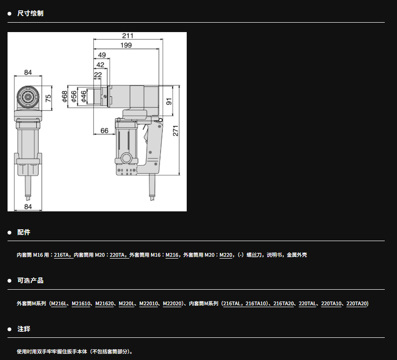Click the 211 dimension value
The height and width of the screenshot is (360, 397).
[128, 36]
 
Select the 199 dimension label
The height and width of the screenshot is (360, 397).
[126, 45]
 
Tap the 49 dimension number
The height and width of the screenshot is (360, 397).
[102, 55]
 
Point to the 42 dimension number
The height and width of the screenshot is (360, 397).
[100, 65]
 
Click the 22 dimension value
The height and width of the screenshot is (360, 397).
[98, 75]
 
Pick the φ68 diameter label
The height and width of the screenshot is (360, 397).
[65, 96]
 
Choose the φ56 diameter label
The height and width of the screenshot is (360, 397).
[74, 96]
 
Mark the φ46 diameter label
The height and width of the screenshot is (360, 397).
[83, 96]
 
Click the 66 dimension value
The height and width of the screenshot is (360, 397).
[104, 131]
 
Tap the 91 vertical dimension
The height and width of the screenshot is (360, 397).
[169, 101]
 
